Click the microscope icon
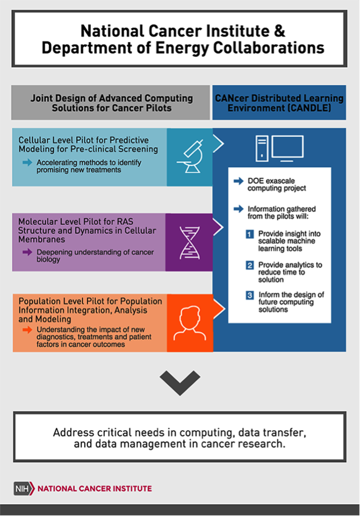(190, 156)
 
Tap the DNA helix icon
(190, 242)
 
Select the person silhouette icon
(190, 323)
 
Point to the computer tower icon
(262, 149)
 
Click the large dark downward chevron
(180, 383)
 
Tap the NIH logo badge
(24, 489)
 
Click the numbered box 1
(250, 234)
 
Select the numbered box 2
(250, 265)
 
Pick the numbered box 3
(250, 295)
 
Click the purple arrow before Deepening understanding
(27, 252)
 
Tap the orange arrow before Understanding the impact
(27, 329)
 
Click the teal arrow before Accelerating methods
(27, 162)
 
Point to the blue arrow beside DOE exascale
(238, 181)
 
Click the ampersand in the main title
(279, 31)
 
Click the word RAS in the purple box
(125, 222)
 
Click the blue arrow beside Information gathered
(238, 209)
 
